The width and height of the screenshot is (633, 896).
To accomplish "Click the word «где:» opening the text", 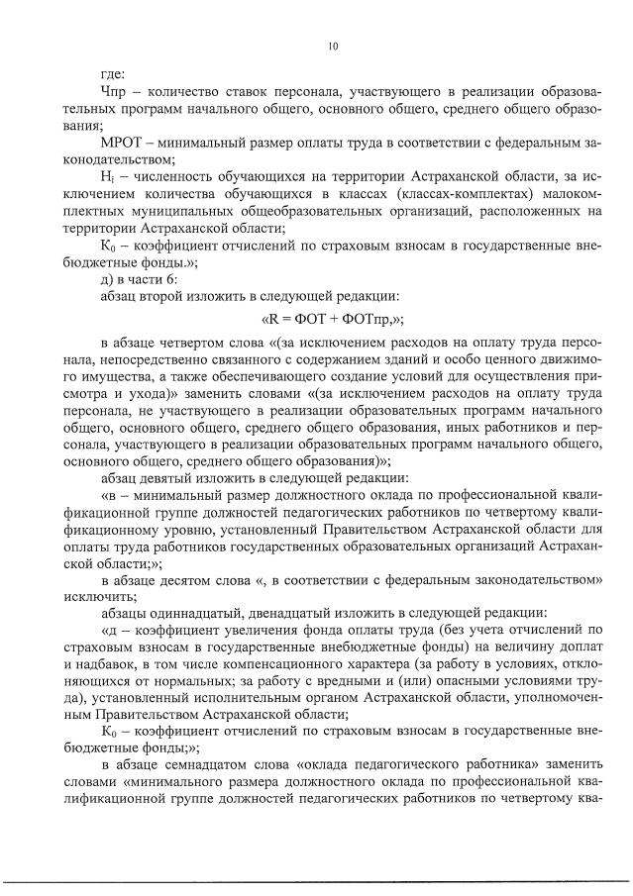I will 113,74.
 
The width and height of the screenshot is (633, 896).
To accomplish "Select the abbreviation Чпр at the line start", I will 115,92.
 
